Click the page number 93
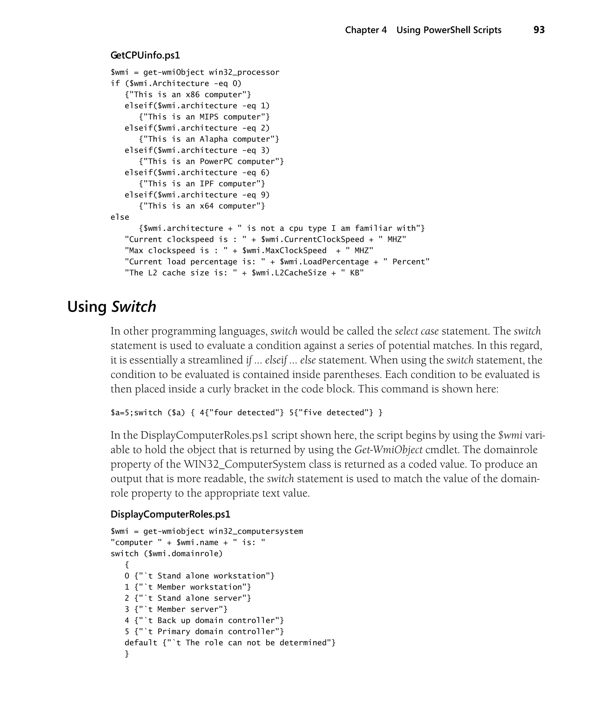tap(539, 30)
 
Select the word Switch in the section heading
tap(134, 307)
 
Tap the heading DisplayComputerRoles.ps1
tap(170, 514)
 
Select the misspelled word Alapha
tap(214, 139)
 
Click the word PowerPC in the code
tap(216, 161)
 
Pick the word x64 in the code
tap(206, 206)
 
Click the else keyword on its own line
tap(120, 217)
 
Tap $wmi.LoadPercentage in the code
tap(324, 262)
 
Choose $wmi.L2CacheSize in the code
tap(289, 273)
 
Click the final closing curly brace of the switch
tap(127, 654)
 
